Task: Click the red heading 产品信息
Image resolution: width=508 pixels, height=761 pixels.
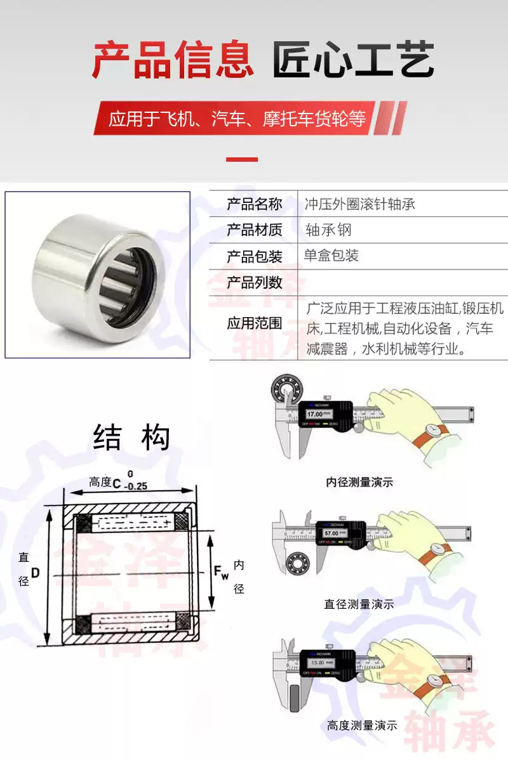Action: [x=173, y=62]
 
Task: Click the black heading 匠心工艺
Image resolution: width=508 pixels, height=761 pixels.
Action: [x=353, y=62]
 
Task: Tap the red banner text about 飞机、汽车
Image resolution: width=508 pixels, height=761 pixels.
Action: [x=237, y=119]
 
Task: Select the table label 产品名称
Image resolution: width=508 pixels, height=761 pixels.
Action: [x=254, y=204]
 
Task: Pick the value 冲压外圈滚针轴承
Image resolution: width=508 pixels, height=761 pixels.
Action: [x=360, y=204]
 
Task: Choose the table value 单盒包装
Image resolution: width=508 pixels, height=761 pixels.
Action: [x=331, y=256]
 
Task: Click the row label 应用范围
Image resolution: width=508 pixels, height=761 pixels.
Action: [x=254, y=323]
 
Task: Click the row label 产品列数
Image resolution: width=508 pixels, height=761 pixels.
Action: [x=254, y=282]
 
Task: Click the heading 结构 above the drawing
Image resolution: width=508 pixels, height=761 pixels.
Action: [x=131, y=438]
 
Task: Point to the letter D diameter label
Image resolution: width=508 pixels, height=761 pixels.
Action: [x=36, y=573]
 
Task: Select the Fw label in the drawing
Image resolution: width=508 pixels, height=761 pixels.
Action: [x=220, y=573]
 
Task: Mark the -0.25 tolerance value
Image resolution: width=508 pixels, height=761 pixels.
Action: [x=133, y=486]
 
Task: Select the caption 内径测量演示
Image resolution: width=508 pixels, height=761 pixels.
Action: [x=359, y=482]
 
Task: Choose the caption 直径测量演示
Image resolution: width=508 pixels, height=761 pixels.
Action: [x=359, y=604]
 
